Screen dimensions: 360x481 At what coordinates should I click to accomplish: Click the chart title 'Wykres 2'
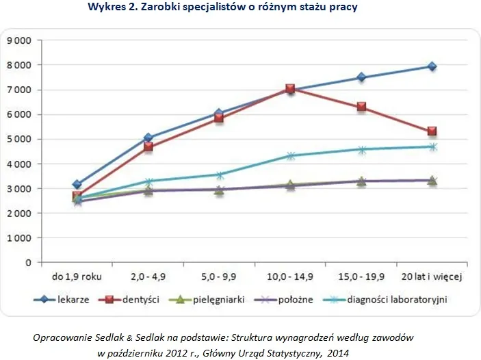pos(222,8)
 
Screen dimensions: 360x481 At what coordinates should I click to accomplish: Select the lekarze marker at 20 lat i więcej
pos(432,66)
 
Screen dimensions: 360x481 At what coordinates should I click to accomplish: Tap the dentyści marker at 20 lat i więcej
pos(432,131)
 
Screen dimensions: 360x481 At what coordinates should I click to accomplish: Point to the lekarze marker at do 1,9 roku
pos(77,184)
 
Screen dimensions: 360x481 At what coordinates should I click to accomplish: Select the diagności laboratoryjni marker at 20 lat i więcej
pos(432,146)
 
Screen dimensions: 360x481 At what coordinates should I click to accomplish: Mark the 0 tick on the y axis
pos(29,262)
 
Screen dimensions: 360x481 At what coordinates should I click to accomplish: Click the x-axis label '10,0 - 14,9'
pos(290,277)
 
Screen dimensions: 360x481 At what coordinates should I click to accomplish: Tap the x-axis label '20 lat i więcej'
pos(432,277)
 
